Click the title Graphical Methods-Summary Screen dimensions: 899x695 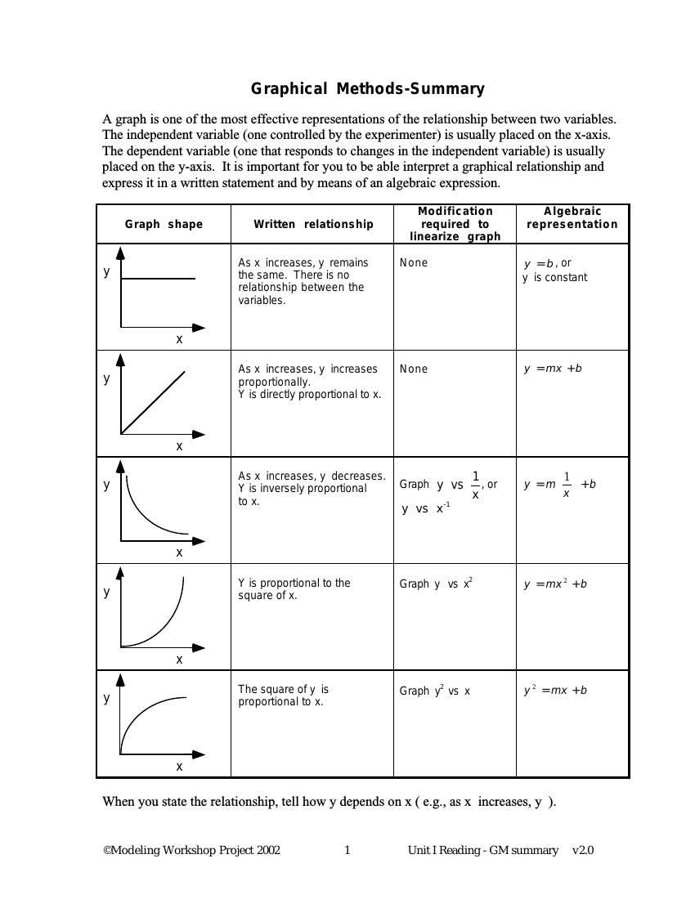pyautogui.click(x=367, y=89)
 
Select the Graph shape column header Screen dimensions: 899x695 pyautogui.click(x=164, y=224)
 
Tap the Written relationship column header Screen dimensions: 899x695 pyautogui.click(x=312, y=224)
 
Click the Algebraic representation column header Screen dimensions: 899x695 pyautogui.click(x=572, y=217)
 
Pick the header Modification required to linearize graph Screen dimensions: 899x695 pyautogui.click(x=455, y=224)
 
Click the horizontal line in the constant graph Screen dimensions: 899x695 pyautogui.click(x=159, y=279)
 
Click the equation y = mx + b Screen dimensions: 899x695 pyautogui.click(x=553, y=369)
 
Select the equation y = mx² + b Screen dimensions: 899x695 pyautogui.click(x=555, y=584)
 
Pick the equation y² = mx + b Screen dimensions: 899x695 pyautogui.click(x=555, y=691)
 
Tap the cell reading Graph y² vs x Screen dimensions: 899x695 pyautogui.click(x=434, y=691)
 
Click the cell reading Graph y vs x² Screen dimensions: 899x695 pyautogui.click(x=436, y=584)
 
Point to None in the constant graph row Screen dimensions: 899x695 pyautogui.click(x=413, y=262)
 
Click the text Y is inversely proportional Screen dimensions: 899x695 pyautogui.click(x=302, y=489)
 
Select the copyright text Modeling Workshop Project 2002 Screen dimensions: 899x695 pyautogui.click(x=191, y=850)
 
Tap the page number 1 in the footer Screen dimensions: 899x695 pyautogui.click(x=347, y=850)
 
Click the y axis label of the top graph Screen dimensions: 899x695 pyautogui.click(x=106, y=271)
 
